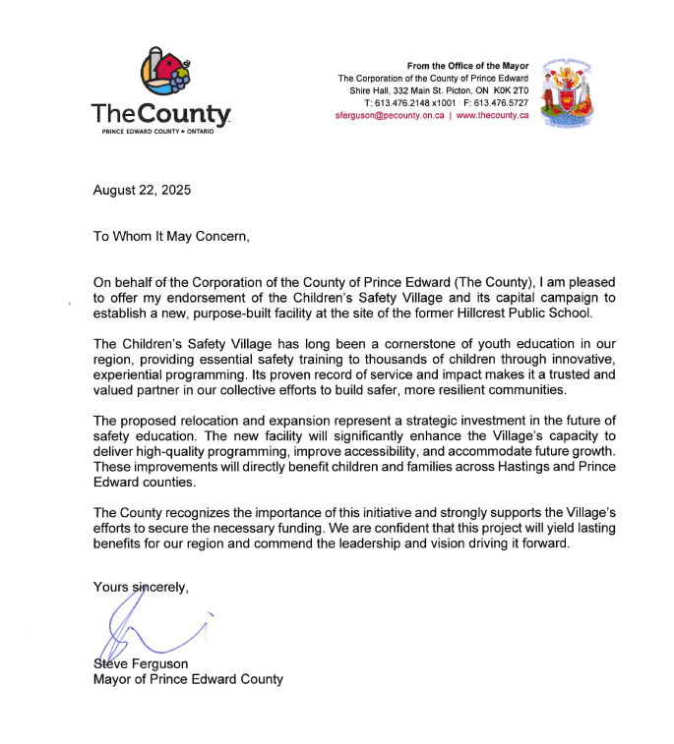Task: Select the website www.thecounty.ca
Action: point(492,115)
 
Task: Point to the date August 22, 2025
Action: point(142,190)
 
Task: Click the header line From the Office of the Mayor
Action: point(467,66)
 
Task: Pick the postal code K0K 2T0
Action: point(508,90)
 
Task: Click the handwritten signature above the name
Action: point(148,628)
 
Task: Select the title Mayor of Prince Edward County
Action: point(187,679)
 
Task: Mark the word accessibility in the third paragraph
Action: point(361,453)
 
